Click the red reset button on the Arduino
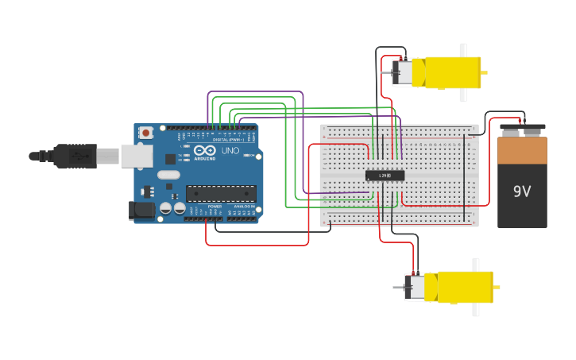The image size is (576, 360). tap(145, 134)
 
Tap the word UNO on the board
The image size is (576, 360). tap(230, 151)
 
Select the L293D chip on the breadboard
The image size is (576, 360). tap(385, 176)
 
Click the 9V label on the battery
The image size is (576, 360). tap(521, 192)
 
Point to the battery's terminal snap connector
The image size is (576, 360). tap(523, 126)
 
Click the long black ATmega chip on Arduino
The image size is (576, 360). tap(221, 193)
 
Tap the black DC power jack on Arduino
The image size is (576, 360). tap(142, 211)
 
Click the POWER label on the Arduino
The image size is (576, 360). tap(215, 207)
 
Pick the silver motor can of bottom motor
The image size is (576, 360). tap(415, 287)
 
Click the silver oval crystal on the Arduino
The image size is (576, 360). tap(168, 174)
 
